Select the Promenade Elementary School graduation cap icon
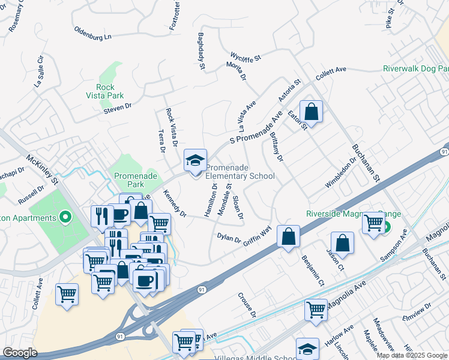click(195, 160)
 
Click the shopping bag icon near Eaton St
click(312, 112)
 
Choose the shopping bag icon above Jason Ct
click(342, 243)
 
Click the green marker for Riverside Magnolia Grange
click(386, 227)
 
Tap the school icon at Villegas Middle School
click(307, 349)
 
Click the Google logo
click(20, 353)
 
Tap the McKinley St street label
click(41, 170)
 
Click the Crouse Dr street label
click(247, 305)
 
